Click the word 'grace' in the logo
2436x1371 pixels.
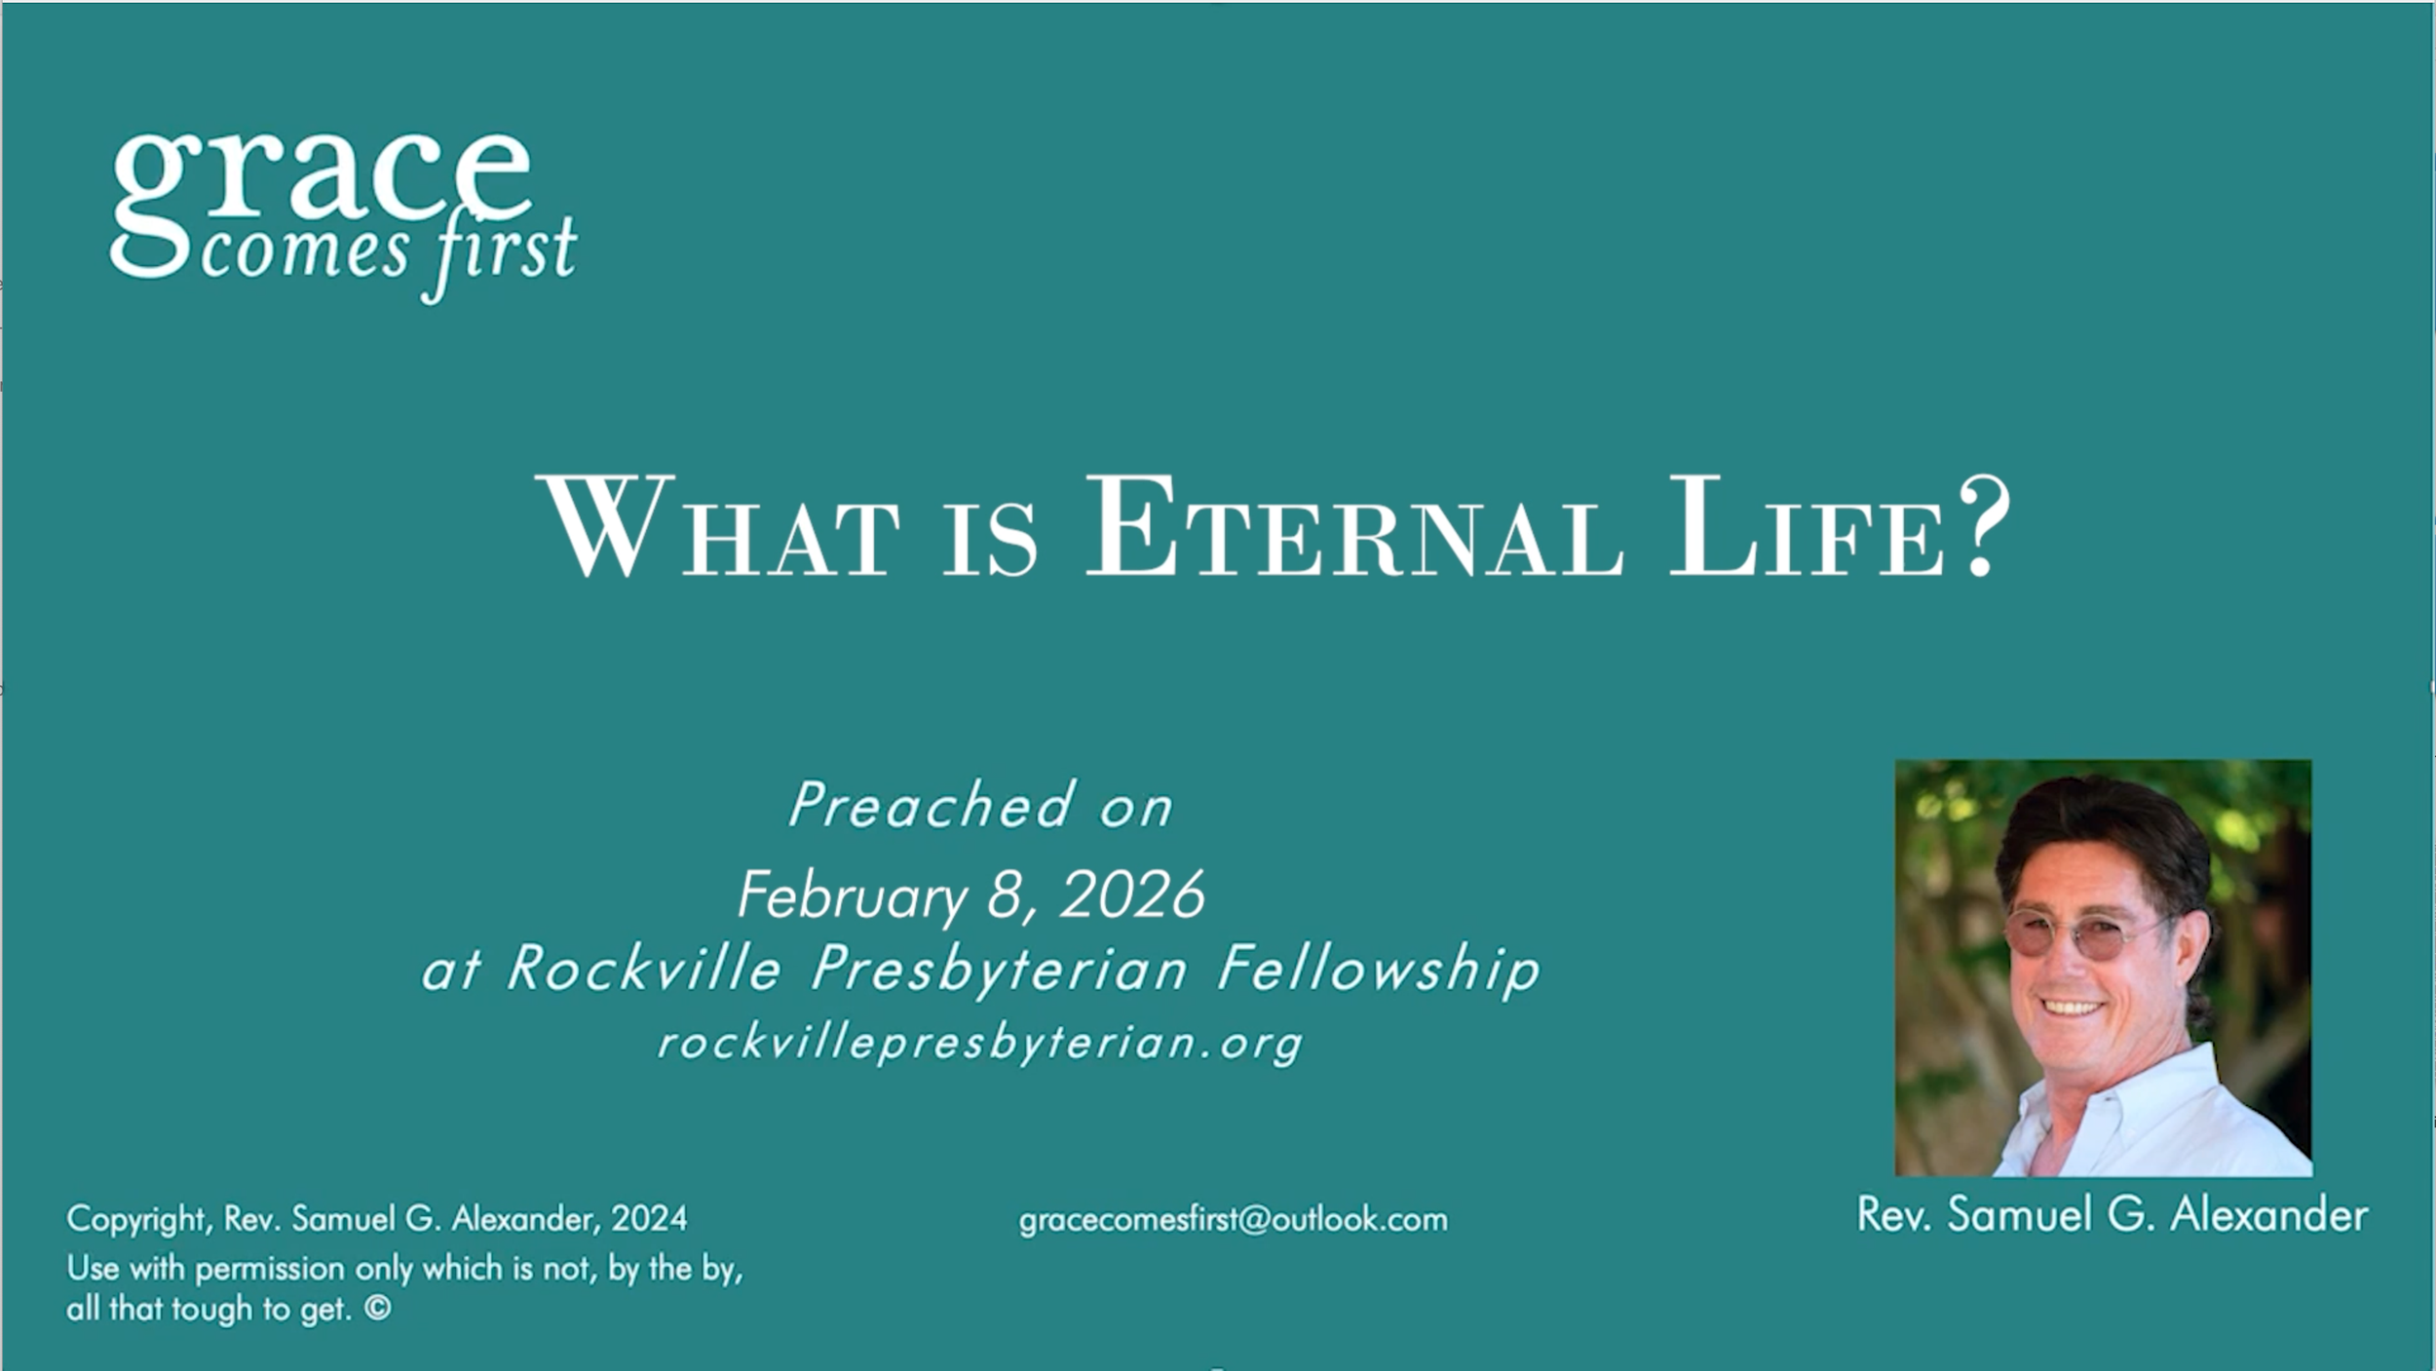(322, 180)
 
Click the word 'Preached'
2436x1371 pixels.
(931, 807)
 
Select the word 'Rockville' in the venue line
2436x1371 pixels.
(643, 970)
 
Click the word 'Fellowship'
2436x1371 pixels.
(1379, 970)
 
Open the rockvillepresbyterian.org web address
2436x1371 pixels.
(979, 1043)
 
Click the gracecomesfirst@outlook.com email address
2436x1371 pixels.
(1233, 1219)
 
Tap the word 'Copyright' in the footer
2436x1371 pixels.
(136, 1219)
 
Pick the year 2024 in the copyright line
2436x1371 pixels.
(649, 1219)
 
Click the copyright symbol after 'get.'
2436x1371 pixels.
(378, 1308)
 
